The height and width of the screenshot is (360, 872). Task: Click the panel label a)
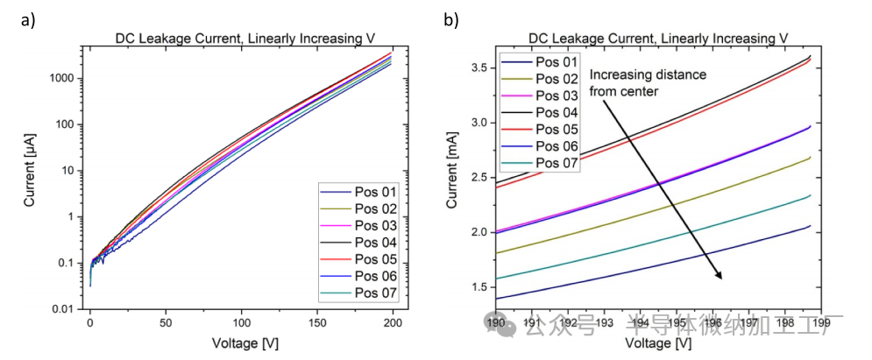(x=27, y=20)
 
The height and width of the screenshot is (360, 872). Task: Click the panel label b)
(x=450, y=20)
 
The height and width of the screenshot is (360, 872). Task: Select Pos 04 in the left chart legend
(x=378, y=242)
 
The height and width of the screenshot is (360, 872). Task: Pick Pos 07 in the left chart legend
(x=378, y=293)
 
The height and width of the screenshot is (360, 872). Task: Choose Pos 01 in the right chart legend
(x=557, y=63)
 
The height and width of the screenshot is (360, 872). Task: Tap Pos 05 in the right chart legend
(x=557, y=129)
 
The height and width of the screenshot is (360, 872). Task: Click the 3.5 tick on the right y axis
(x=477, y=67)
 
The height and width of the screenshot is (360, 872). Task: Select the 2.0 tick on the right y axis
(x=477, y=232)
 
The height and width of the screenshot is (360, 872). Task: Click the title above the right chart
(x=658, y=38)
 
